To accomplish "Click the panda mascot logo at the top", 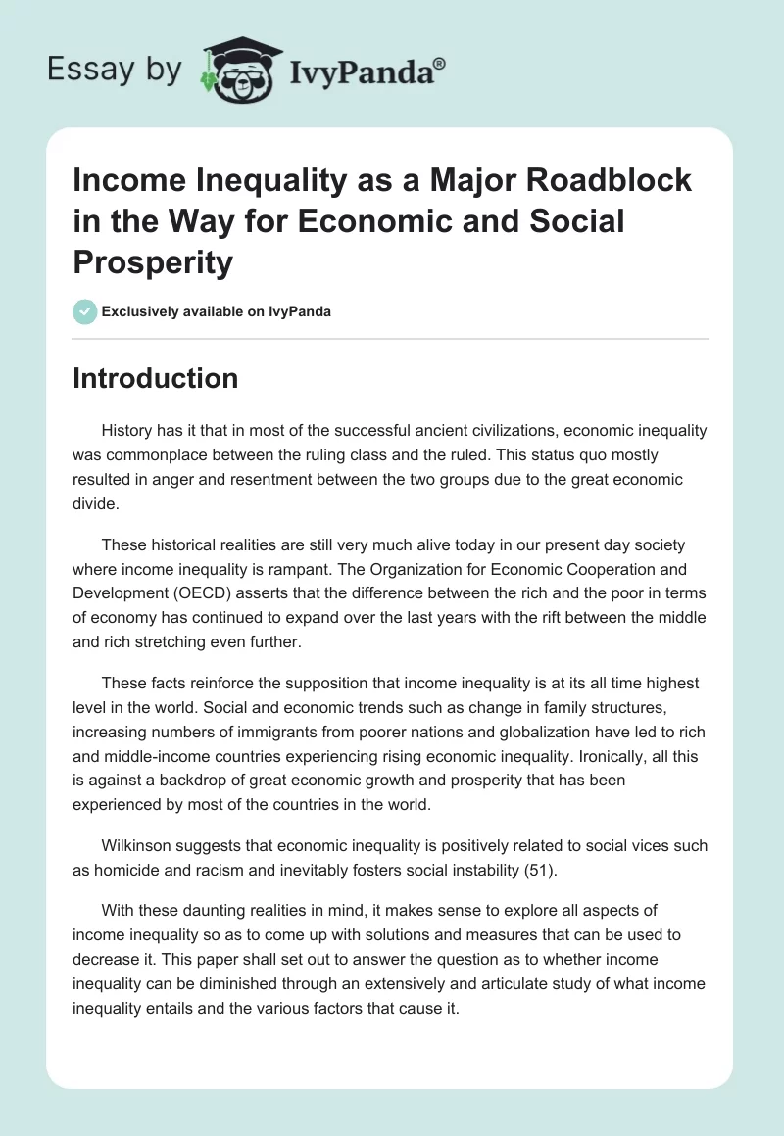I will click(238, 70).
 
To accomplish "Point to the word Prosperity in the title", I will click(153, 261).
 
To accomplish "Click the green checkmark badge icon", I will click(84, 311).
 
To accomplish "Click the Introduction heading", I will click(155, 379).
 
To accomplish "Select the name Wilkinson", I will click(140, 845).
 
